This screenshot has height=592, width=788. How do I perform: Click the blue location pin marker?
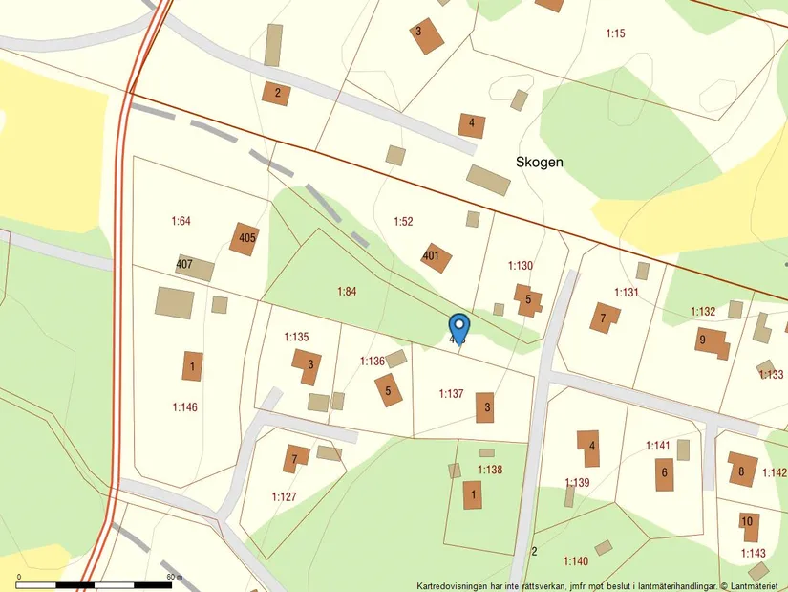(x=458, y=326)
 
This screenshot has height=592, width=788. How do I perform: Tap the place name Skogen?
(x=539, y=163)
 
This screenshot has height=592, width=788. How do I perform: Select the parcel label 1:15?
(x=615, y=34)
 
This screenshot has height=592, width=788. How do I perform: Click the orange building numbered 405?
(x=245, y=238)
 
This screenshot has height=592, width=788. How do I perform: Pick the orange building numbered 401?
(x=436, y=256)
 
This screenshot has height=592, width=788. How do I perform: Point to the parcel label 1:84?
(x=347, y=291)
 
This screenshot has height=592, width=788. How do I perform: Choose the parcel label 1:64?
(x=181, y=221)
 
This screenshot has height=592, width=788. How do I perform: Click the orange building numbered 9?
(x=711, y=340)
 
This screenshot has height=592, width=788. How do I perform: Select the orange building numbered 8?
(x=742, y=470)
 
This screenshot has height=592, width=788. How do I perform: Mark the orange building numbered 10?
(x=749, y=522)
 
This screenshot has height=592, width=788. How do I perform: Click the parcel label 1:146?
(x=184, y=407)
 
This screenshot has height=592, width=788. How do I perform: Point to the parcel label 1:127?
(x=284, y=496)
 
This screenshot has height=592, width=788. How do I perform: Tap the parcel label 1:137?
(x=451, y=393)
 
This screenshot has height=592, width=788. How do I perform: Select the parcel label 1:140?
(x=576, y=561)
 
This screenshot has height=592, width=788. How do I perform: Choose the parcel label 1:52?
(x=403, y=222)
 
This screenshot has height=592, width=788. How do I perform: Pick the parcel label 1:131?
(x=626, y=292)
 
